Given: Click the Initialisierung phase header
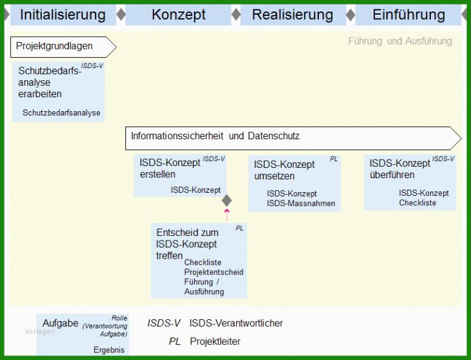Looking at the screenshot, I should [x=62, y=15].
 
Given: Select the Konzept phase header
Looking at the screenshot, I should [x=178, y=15].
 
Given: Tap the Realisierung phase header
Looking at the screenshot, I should [x=292, y=15].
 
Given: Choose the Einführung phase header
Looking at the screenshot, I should [x=409, y=15].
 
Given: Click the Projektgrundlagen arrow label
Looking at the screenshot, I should [x=54, y=46].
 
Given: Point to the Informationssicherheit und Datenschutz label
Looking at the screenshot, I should [x=215, y=136].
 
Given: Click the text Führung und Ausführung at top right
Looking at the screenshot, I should [x=400, y=41].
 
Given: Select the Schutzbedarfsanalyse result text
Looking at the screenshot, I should [x=61, y=113].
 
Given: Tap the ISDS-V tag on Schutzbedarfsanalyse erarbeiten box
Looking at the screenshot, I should [x=92, y=66].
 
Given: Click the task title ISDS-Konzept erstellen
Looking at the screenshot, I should [x=169, y=169].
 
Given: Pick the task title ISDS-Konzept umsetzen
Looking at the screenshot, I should [x=284, y=170].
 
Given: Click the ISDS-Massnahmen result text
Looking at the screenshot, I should [x=300, y=204].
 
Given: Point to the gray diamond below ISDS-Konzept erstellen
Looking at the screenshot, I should [x=227, y=200].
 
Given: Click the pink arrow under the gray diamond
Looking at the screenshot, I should [x=227, y=214].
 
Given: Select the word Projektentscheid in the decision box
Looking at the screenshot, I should [x=213, y=272].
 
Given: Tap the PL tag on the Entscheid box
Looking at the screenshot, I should [x=239, y=228].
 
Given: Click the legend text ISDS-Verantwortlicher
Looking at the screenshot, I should [x=236, y=323].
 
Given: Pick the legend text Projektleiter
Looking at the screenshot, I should [x=215, y=342].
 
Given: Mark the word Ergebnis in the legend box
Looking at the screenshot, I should [x=109, y=350].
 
